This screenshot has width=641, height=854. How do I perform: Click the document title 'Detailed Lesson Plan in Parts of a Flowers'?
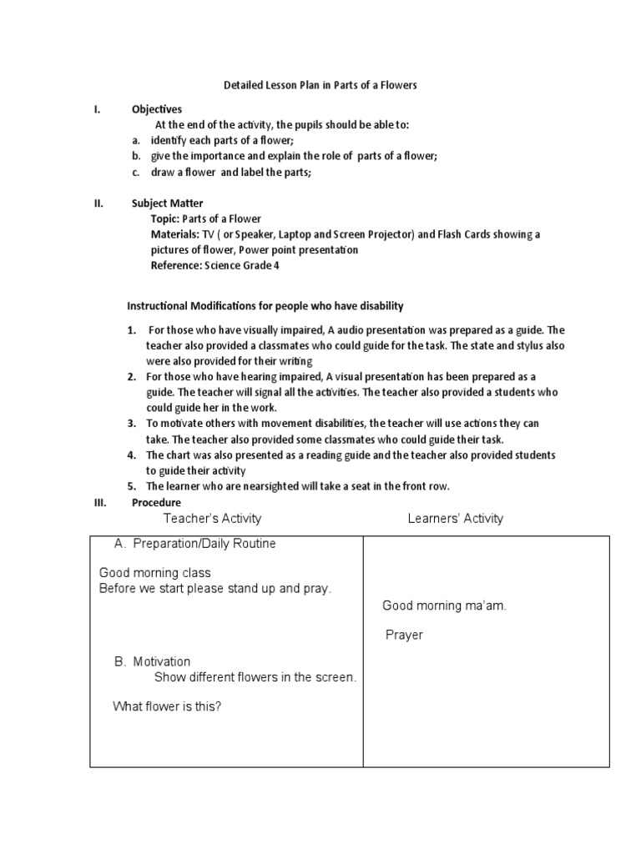[320, 85]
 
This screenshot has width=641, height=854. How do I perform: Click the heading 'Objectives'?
[156, 109]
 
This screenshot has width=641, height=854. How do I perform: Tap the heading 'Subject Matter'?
[167, 203]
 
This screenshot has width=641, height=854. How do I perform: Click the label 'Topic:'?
[164, 219]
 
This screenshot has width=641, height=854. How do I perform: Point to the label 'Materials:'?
[174, 234]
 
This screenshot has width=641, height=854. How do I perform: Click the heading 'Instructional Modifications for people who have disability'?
[265, 306]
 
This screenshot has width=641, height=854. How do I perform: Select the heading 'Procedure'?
[156, 502]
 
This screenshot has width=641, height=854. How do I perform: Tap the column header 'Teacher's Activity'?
[212, 519]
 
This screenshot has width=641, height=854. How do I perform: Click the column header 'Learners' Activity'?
[455, 519]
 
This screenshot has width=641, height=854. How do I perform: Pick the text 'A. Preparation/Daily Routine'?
[194, 544]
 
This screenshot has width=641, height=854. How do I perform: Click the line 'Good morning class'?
[154, 573]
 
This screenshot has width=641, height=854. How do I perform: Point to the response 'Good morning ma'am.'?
[444, 605]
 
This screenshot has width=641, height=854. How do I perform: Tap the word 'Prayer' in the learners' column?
[404, 635]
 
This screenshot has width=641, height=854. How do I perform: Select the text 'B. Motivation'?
[152, 661]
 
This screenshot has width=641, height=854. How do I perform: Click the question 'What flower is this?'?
[167, 706]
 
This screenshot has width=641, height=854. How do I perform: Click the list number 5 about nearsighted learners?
[131, 486]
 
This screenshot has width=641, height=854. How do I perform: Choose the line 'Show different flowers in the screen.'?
[255, 677]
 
